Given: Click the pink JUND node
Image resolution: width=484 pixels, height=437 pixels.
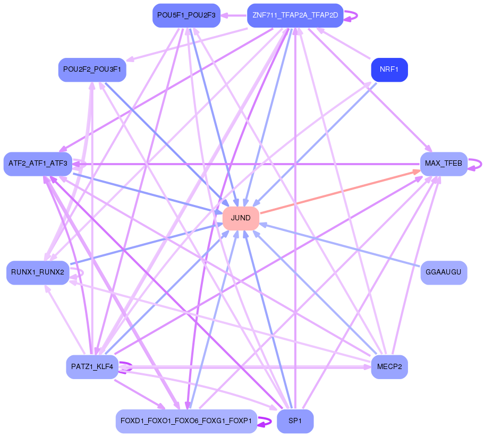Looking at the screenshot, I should (x=241, y=218).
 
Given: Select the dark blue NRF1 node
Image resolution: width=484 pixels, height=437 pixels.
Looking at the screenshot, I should (x=389, y=70).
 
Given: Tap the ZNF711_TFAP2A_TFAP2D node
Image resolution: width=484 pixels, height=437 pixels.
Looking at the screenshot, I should (x=295, y=15).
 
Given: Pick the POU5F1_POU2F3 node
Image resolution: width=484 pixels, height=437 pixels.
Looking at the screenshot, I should (x=186, y=15).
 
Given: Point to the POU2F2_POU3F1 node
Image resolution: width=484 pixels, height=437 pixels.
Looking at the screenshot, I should (x=92, y=70).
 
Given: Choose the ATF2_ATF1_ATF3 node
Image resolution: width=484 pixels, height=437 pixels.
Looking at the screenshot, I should (x=38, y=164).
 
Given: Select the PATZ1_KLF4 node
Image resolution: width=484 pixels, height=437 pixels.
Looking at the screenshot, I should (x=92, y=366).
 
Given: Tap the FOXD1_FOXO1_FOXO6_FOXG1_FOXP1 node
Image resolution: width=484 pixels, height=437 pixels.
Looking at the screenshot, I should (x=186, y=421).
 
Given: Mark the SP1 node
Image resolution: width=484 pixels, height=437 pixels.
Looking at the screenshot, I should (x=295, y=421).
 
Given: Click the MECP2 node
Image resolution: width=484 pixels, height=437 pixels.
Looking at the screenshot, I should (x=389, y=366).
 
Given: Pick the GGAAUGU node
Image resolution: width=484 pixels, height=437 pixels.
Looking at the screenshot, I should (x=444, y=272).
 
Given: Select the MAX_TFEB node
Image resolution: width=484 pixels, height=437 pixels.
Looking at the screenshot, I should (x=444, y=164).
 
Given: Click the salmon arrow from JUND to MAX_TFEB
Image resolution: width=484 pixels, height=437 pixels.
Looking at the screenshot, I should (x=340, y=191).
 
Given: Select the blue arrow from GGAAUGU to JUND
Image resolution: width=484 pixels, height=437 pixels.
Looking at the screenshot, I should (x=340, y=245).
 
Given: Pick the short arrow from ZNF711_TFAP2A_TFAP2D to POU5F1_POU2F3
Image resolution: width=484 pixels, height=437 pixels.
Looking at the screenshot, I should (x=234, y=15).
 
